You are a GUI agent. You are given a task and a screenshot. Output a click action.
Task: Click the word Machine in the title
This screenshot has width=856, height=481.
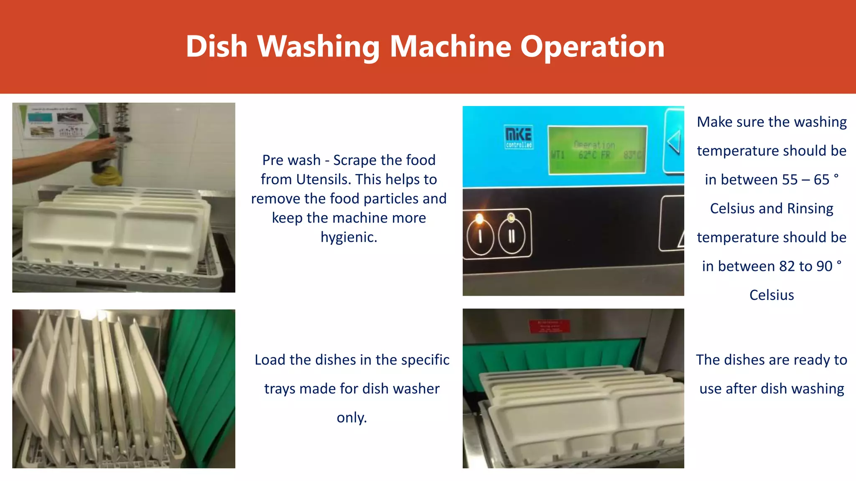coord(451,46)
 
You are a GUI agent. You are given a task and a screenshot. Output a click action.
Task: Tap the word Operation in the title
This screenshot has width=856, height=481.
coord(592,46)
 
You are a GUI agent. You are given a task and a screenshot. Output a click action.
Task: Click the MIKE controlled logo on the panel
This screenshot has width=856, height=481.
coord(519,137)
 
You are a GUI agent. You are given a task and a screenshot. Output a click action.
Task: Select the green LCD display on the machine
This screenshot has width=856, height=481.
coord(597,150)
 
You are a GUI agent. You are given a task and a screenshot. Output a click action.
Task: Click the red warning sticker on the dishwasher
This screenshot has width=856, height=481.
coord(549,326)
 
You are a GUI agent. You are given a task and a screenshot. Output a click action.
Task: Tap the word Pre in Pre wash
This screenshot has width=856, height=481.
coord(274,160)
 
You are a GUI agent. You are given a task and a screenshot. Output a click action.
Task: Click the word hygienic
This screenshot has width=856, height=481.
coord(349,237)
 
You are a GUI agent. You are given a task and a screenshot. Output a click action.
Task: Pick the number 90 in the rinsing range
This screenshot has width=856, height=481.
coord(824,266)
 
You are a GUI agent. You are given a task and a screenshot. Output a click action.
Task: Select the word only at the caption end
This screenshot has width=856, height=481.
coord(352,418)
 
